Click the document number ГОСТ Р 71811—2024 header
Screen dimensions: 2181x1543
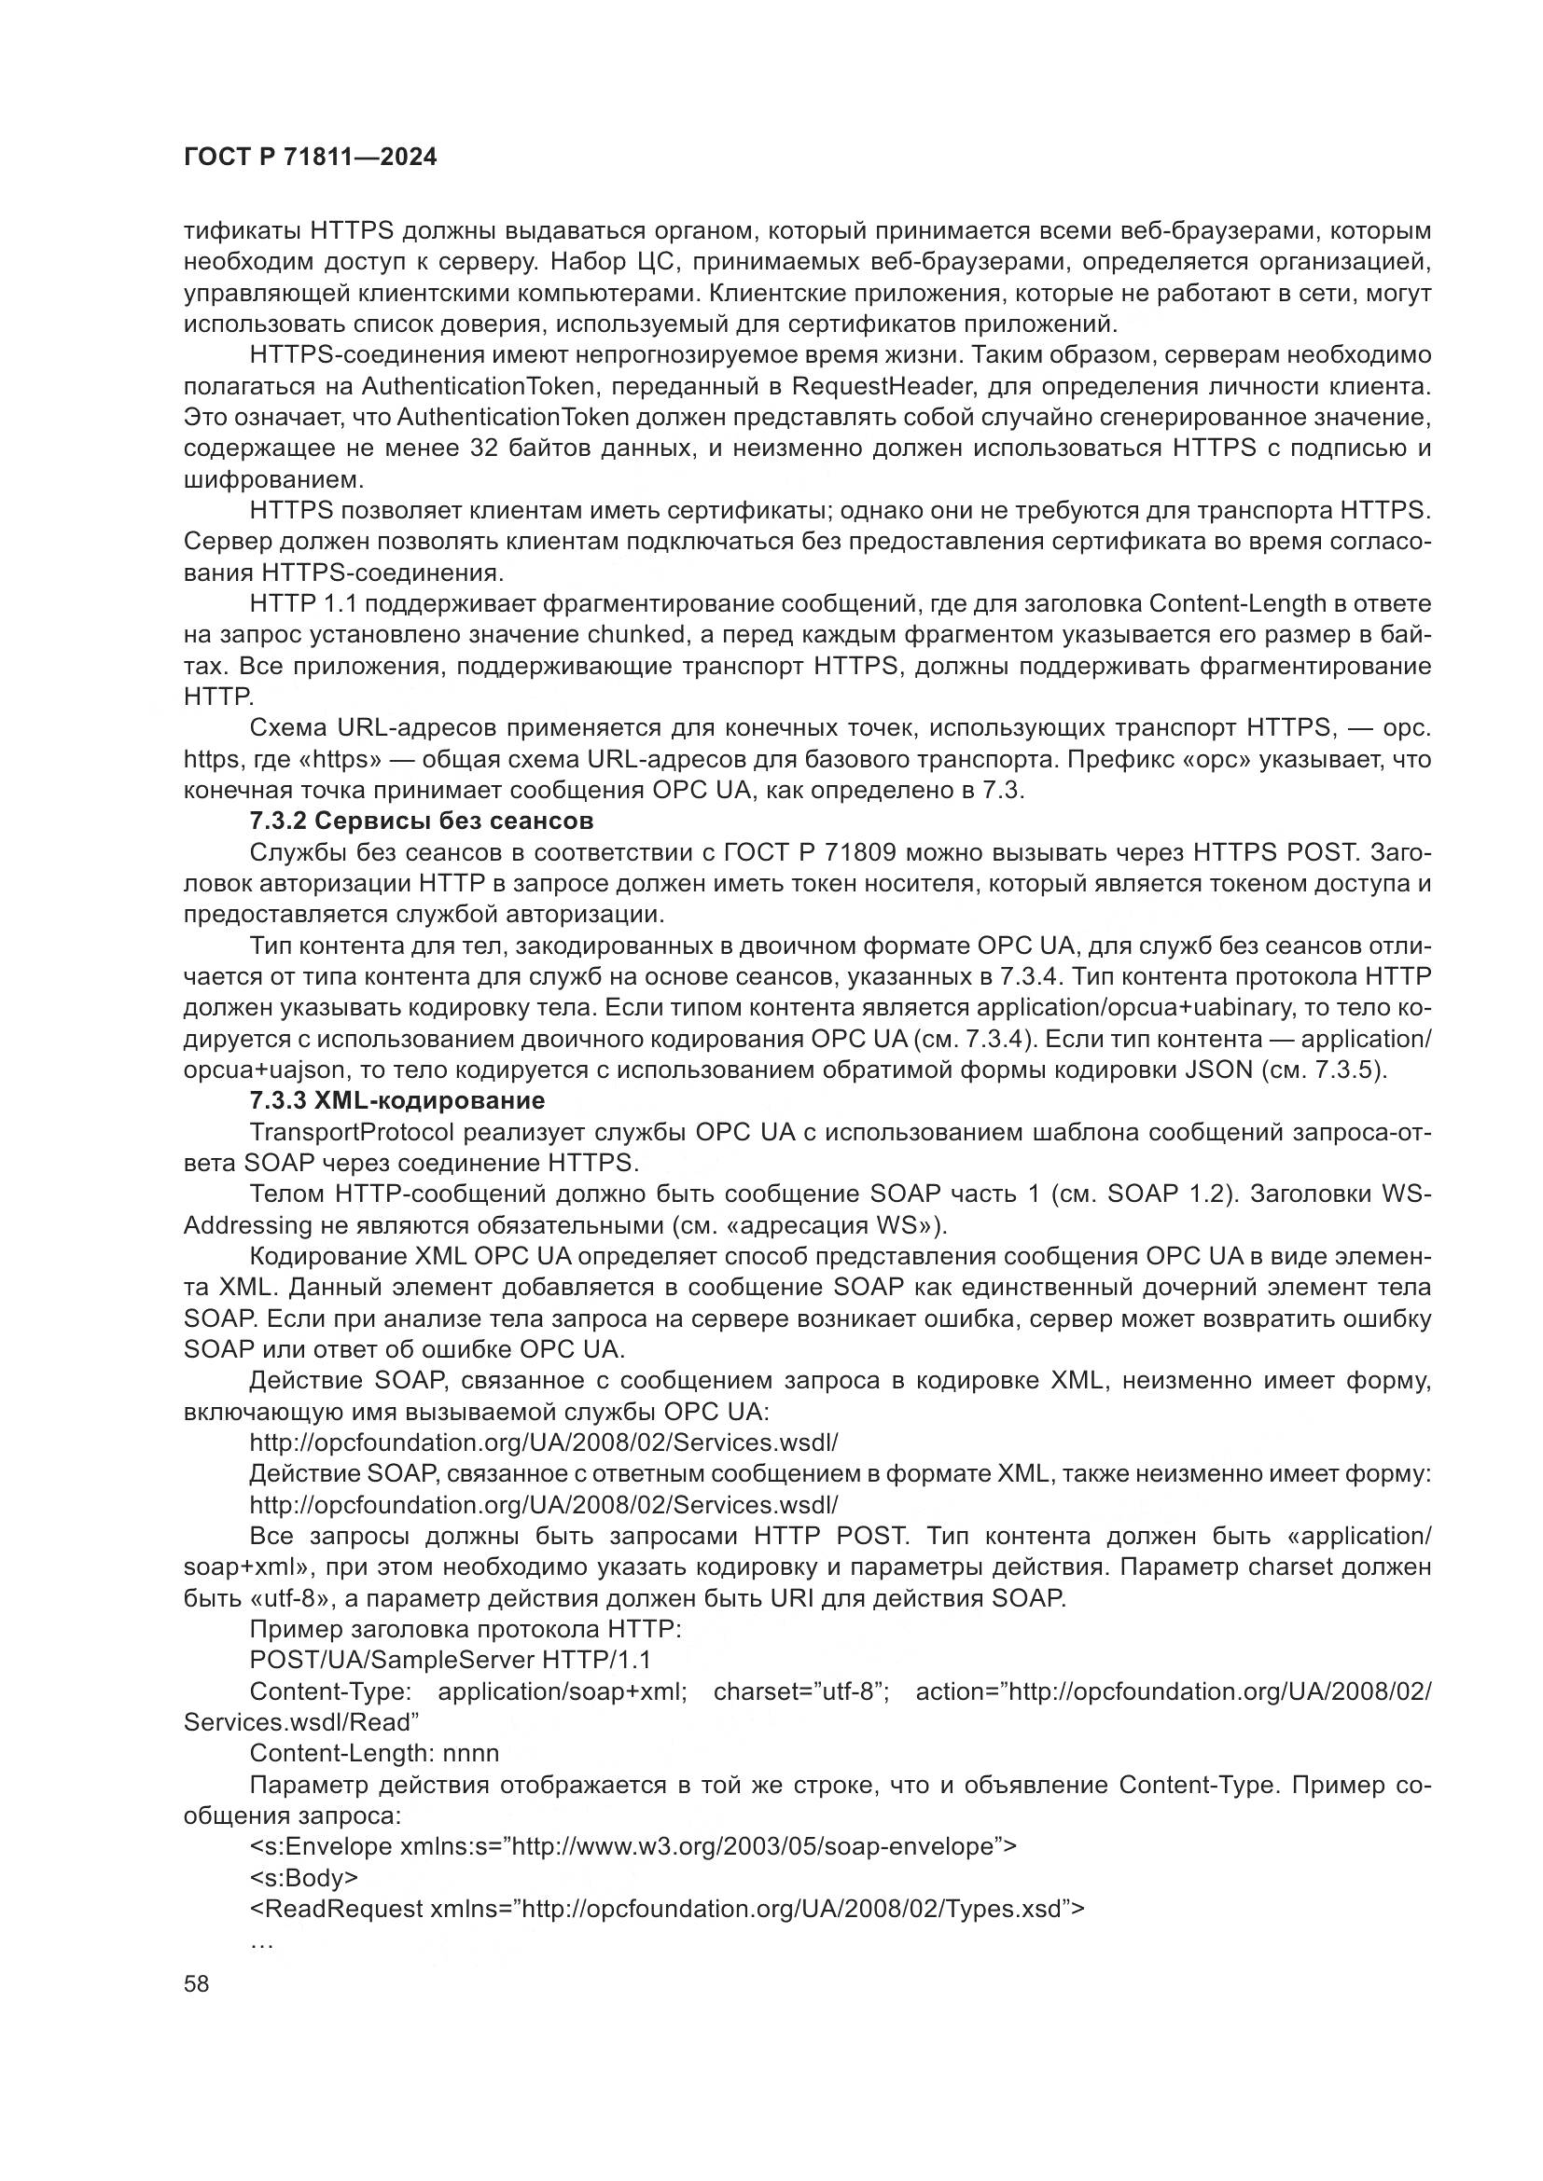tap(310, 158)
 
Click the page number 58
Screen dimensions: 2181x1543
tap(197, 1983)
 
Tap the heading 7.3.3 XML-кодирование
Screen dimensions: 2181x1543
tap(397, 1100)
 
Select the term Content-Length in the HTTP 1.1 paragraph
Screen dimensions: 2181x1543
tap(1237, 603)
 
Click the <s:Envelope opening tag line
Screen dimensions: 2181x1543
tap(632, 1845)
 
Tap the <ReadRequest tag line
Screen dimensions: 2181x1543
tap(665, 1909)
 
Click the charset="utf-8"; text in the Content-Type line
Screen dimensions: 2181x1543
tap(800, 1691)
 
